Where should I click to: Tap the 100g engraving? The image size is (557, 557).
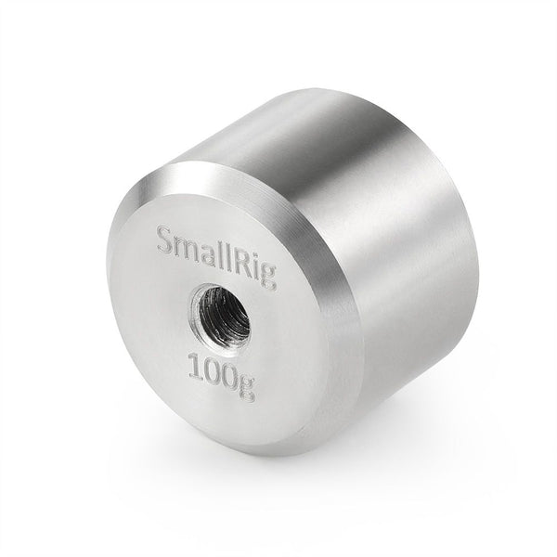(x=220, y=371)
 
